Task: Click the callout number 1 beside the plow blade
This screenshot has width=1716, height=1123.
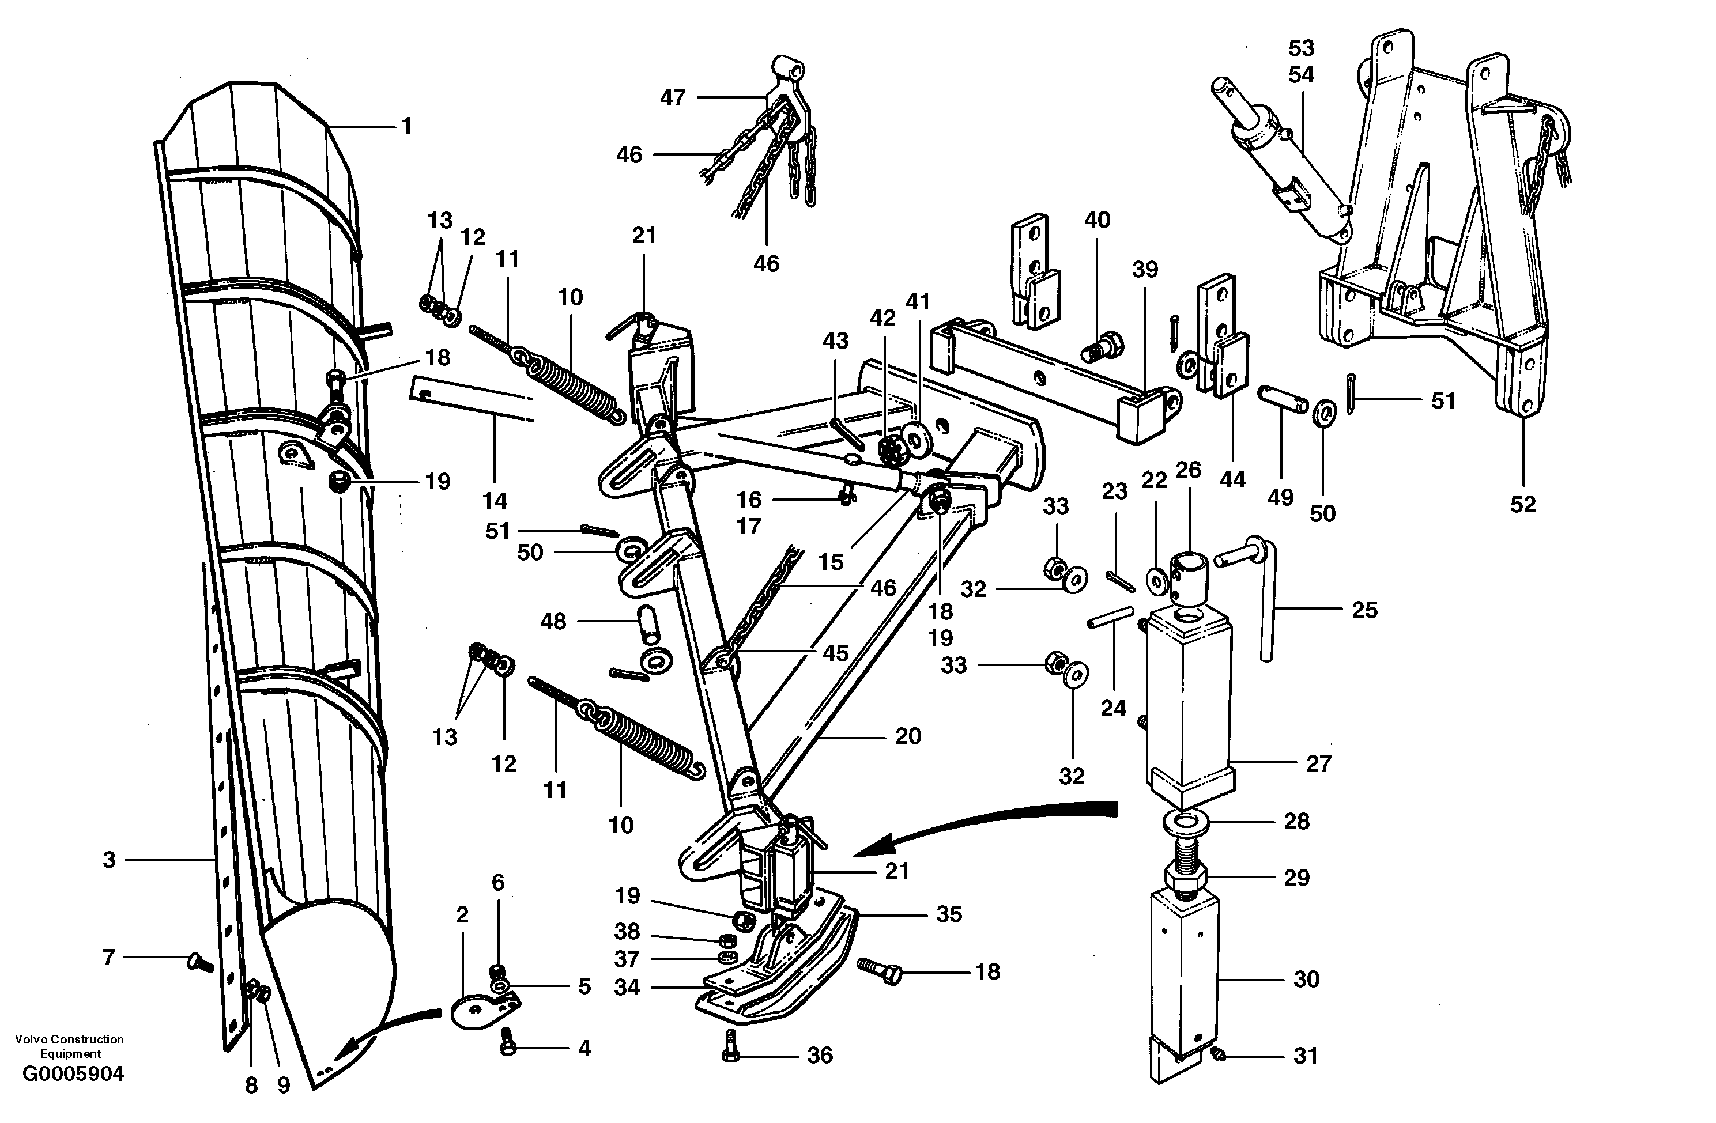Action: pos(406,127)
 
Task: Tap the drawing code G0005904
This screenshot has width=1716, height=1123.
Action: pos(73,1075)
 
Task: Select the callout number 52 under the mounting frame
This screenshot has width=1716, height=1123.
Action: pos(1523,505)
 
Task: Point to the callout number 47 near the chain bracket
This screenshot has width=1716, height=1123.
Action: pos(673,97)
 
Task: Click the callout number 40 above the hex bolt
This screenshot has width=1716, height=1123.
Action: pos(1098,220)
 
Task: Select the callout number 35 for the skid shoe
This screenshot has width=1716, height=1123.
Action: pos(949,914)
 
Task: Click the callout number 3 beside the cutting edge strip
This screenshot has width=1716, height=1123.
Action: pos(109,860)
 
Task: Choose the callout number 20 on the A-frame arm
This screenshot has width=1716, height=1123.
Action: pos(908,736)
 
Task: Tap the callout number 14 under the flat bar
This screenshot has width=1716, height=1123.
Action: pos(495,500)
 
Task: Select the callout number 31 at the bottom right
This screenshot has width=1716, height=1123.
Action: pos(1306,1056)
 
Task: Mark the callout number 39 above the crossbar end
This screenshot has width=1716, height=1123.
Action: pos(1145,270)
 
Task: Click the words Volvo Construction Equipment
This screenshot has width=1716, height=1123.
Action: pos(69,1046)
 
